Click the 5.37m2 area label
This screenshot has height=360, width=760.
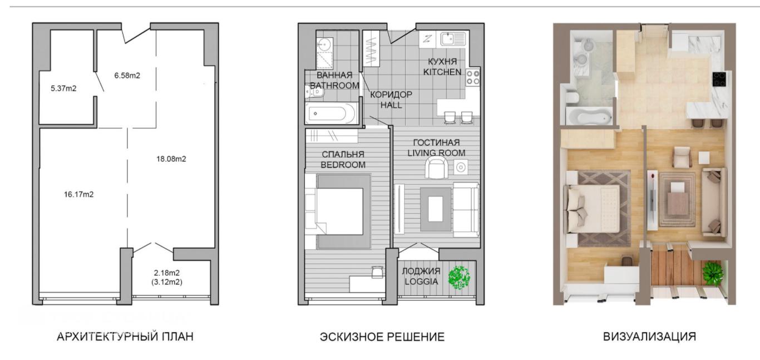pos(63,88)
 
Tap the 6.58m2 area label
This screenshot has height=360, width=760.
pos(127,76)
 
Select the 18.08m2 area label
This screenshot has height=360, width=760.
pos(171,159)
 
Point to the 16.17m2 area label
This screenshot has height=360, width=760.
pos(78,194)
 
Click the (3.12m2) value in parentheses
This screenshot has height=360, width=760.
pos(167,282)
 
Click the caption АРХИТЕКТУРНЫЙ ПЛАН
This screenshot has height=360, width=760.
pos(125,337)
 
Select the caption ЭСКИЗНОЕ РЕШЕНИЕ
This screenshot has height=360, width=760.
pos(382,337)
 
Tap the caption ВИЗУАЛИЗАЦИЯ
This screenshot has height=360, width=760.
pos(650,337)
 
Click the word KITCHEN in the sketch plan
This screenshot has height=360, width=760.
pos(442,72)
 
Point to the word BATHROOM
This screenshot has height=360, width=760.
pos(334,86)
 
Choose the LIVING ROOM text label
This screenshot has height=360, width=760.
pos(436,153)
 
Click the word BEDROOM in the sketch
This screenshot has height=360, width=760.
pos(343,165)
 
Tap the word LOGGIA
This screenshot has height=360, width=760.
pos(421,282)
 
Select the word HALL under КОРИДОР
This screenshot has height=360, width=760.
pos(391,105)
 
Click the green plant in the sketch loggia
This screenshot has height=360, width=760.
pos(460,278)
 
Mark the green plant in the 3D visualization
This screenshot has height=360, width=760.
pos(713,272)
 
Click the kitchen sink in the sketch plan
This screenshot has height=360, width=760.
pos(453,39)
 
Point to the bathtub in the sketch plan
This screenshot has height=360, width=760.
pos(331,114)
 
